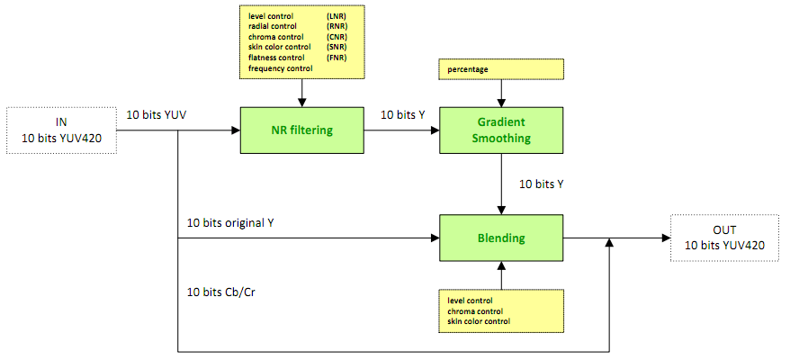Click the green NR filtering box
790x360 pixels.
301,130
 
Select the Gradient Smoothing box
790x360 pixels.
500,130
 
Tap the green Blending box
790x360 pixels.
500,238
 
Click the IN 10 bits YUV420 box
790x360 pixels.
62,130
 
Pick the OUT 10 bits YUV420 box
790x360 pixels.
723,238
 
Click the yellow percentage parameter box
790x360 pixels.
500,67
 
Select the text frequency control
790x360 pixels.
281,67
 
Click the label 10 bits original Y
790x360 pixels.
229,221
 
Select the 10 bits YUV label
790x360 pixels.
157,114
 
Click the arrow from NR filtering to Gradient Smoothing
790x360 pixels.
400,130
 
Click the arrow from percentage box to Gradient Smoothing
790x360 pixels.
500,92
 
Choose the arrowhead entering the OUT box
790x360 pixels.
665,238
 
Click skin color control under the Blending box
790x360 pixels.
479,321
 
